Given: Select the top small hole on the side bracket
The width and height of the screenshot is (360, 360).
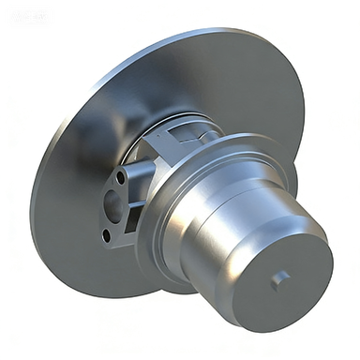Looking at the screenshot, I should (121, 175).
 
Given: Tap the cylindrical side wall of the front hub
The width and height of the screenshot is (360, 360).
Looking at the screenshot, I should (230, 225).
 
